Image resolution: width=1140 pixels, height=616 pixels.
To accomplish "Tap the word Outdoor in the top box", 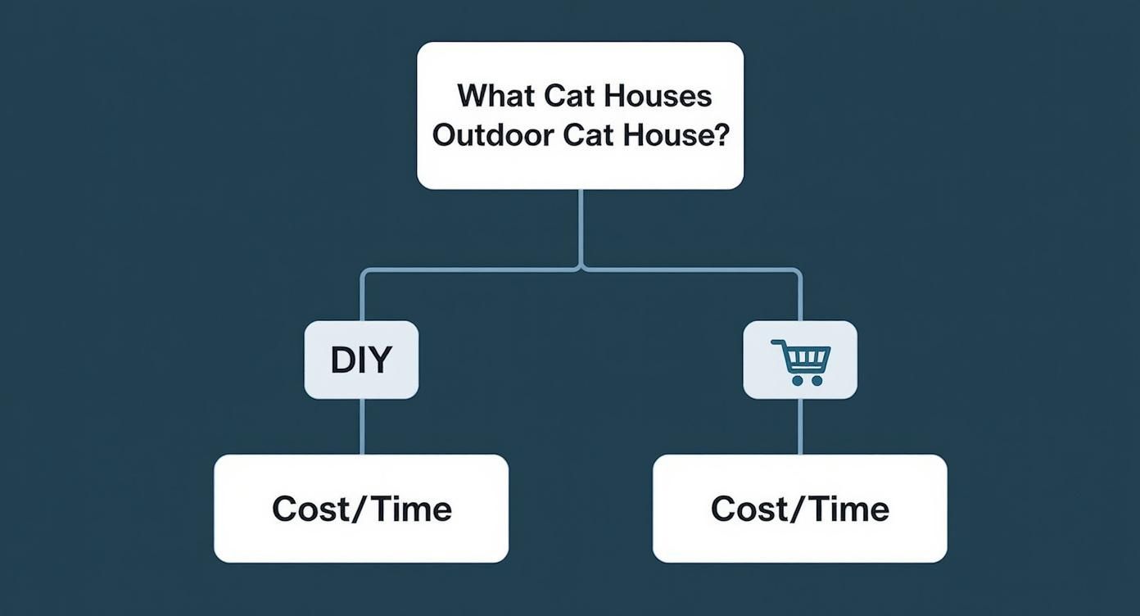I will [493, 135].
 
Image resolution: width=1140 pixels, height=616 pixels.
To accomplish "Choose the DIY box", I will [361, 360].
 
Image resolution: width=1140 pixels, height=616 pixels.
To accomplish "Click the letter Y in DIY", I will [381, 360].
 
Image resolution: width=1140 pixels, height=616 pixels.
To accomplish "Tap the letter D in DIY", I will [342, 360].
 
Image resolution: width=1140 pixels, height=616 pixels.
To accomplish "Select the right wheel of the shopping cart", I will [817, 380].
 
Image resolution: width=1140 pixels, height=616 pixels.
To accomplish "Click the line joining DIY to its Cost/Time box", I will [362, 426].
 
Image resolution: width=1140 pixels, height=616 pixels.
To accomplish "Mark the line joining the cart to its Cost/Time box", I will [800, 426].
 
